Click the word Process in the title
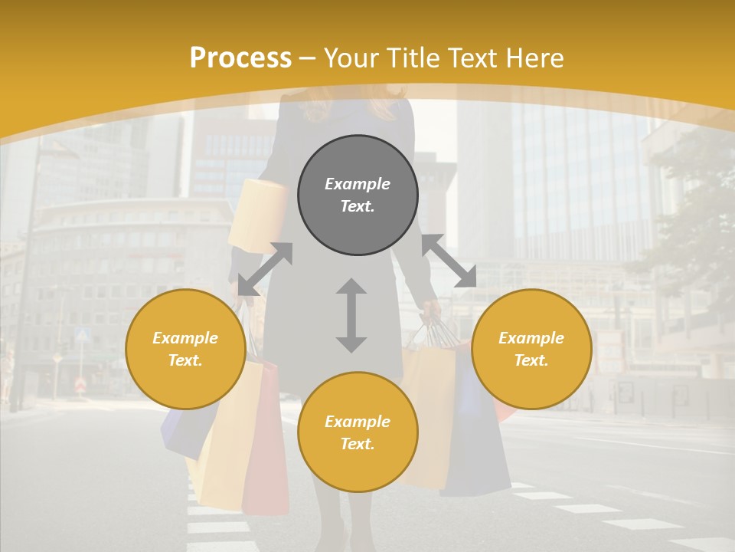240,58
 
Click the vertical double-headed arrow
351,316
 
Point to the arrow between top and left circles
264,269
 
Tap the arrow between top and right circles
449,261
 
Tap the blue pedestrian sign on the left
83,335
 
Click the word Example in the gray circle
358,184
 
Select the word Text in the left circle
185,360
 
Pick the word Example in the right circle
531,338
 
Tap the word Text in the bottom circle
358,444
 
